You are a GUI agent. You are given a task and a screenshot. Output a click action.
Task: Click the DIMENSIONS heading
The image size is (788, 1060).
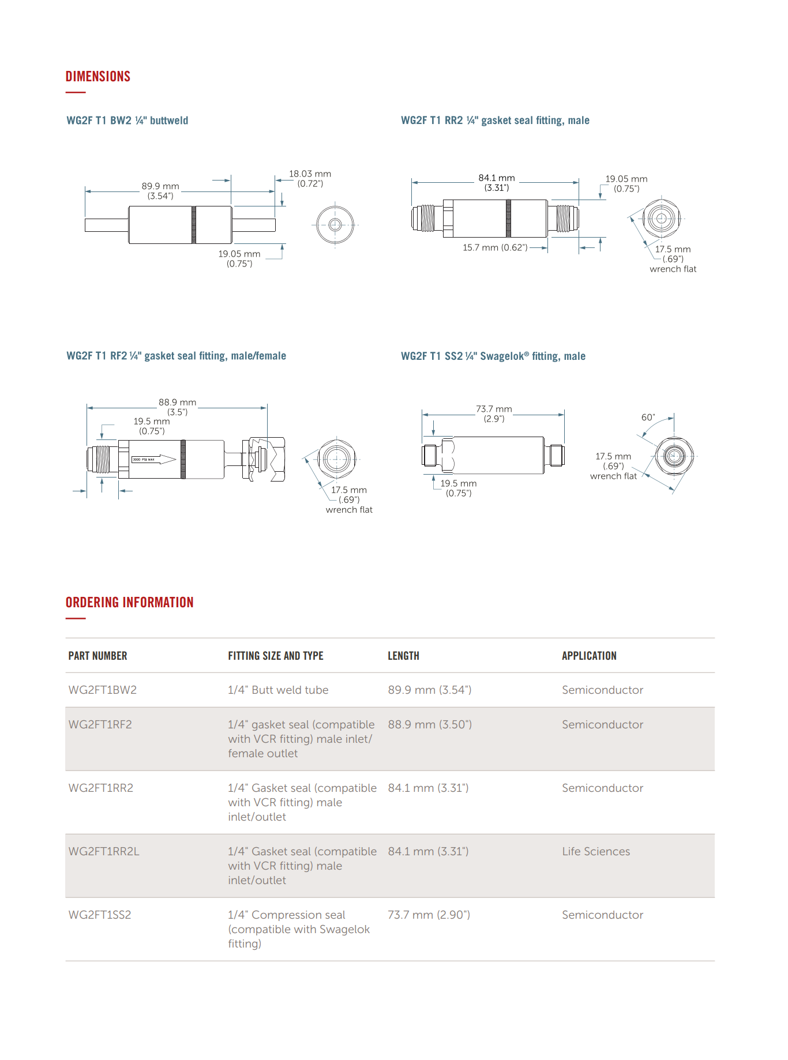click(98, 77)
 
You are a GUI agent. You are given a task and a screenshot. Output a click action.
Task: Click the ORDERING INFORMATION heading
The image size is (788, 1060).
click(129, 603)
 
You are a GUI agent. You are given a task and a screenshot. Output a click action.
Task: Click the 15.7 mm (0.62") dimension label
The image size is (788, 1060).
click(495, 248)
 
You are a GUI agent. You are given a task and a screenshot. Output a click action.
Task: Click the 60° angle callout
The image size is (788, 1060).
click(648, 418)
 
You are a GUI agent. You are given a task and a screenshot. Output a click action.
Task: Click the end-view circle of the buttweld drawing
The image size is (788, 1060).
click(335, 225)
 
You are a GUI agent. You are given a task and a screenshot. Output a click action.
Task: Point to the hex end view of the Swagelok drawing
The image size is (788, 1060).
click(674, 456)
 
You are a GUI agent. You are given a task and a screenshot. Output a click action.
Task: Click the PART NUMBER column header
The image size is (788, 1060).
click(97, 656)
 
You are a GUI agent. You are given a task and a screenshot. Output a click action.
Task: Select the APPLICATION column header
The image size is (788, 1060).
click(589, 656)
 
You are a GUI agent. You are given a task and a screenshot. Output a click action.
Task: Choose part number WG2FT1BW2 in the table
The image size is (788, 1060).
click(103, 690)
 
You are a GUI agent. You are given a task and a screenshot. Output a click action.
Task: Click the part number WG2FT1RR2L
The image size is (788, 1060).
click(104, 852)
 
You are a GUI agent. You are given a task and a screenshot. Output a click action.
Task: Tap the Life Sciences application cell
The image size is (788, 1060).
click(596, 852)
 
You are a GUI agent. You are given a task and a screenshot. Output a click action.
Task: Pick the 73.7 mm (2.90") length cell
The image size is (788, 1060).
click(429, 915)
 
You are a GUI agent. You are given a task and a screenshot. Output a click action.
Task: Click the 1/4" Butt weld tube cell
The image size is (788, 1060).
click(278, 690)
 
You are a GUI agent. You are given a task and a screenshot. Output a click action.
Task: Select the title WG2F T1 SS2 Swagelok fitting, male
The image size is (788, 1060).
click(493, 356)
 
